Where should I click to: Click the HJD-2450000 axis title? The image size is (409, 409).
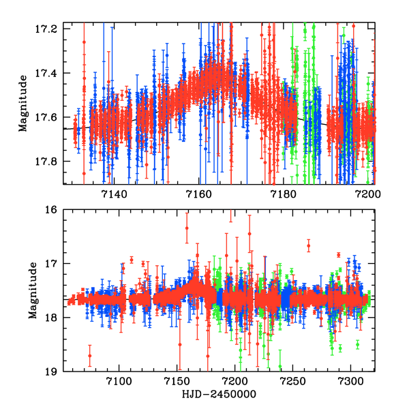click(x=219, y=395)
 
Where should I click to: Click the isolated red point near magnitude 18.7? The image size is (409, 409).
click(x=89, y=355)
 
